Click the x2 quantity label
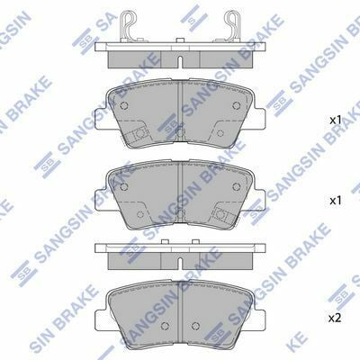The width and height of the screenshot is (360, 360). pos(335,318)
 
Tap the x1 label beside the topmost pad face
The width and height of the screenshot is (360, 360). pos(336,121)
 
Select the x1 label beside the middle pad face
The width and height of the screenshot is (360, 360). pos(336,201)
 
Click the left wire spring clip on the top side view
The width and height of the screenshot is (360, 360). pos(128,25)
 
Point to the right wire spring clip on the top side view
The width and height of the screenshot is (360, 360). pos(232,25)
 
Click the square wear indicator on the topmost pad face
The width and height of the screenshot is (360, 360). pos(139,134)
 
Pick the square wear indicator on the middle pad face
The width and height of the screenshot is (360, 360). pos(221,215)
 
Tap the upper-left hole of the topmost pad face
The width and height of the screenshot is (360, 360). pos(123,105)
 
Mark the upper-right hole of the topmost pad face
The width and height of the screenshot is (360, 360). pos(237,105)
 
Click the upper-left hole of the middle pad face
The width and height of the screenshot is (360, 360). pos(123,186)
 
